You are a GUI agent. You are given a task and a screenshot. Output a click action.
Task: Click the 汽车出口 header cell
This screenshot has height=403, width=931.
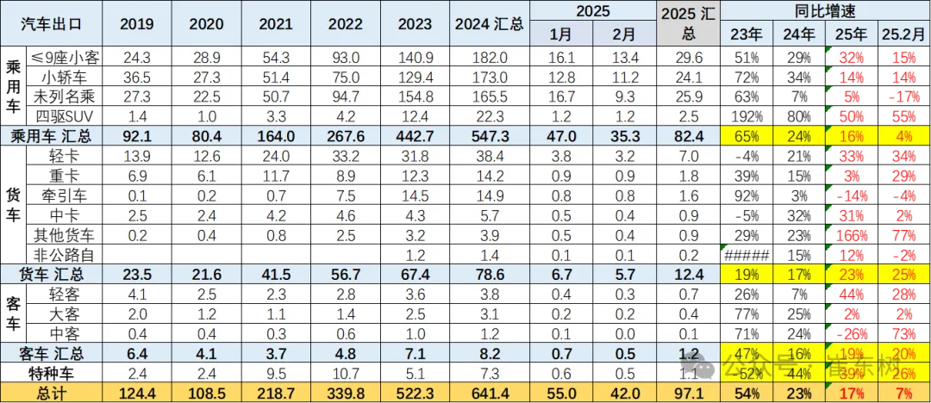point(51,24)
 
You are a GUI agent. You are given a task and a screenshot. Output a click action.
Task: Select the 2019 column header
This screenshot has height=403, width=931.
point(136,24)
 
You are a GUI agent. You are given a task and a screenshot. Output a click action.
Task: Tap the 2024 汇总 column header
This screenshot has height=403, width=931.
point(489,24)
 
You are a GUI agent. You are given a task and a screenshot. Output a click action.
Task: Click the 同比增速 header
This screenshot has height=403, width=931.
point(825,11)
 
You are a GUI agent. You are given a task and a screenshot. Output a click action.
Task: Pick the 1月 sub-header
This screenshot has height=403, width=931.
point(561,35)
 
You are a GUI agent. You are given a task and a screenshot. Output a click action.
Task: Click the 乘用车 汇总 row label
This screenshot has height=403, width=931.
point(51,135)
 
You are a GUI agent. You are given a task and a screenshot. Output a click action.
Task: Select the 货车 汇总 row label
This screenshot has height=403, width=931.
point(51,274)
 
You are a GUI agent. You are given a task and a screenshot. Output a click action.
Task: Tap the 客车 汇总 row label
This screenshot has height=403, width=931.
point(51,353)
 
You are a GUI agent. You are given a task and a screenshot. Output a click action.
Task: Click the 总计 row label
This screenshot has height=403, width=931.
point(51,394)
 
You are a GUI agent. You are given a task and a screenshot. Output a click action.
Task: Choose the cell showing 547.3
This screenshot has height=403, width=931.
point(489,135)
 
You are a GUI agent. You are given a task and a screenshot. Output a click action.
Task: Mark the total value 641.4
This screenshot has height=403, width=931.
point(489,394)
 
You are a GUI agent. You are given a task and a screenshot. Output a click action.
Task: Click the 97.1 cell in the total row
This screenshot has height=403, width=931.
point(687,394)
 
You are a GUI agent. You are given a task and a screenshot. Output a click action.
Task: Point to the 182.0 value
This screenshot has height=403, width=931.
point(489,58)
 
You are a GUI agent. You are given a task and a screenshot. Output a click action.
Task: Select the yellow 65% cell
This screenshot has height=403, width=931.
point(746,135)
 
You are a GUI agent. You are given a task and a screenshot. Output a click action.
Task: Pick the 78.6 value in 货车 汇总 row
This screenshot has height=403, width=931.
point(489,274)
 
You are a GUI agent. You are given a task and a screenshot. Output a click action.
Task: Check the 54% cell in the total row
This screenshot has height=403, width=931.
point(746,394)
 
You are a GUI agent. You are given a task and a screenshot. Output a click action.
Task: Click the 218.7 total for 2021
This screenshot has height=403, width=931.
point(276,394)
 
